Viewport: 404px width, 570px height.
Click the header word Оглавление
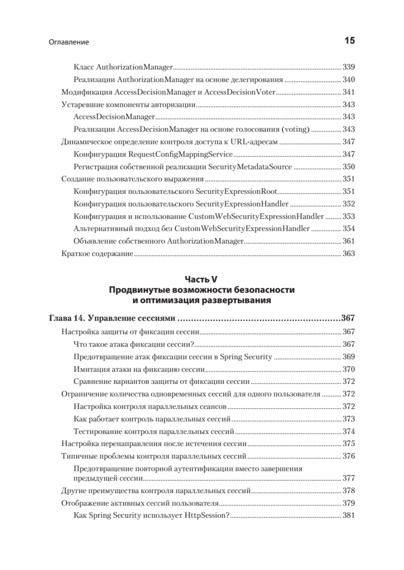(x=69, y=42)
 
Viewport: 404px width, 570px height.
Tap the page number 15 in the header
(x=349, y=41)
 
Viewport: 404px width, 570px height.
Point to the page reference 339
(x=349, y=67)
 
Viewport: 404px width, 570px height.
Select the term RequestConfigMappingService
(x=180, y=154)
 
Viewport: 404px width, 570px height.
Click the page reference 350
(x=349, y=167)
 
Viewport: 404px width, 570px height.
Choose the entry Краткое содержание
(x=97, y=254)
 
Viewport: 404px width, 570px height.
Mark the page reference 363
(x=349, y=254)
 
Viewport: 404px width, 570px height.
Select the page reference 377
(x=349, y=478)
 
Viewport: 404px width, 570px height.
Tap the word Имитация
(x=90, y=369)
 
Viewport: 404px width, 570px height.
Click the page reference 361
(x=349, y=241)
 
